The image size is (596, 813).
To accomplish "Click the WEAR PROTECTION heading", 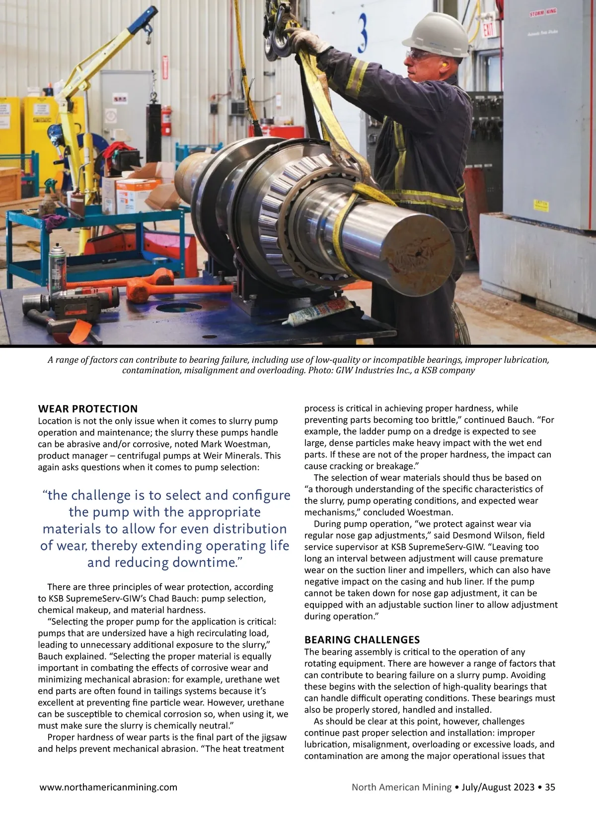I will (x=88, y=409).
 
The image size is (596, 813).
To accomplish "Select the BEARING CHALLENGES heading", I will (x=362, y=639).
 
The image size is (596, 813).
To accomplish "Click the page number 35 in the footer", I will (x=550, y=787).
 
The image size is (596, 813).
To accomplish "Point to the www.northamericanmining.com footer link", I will (x=108, y=787).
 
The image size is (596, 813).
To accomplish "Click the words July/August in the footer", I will (x=487, y=787).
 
